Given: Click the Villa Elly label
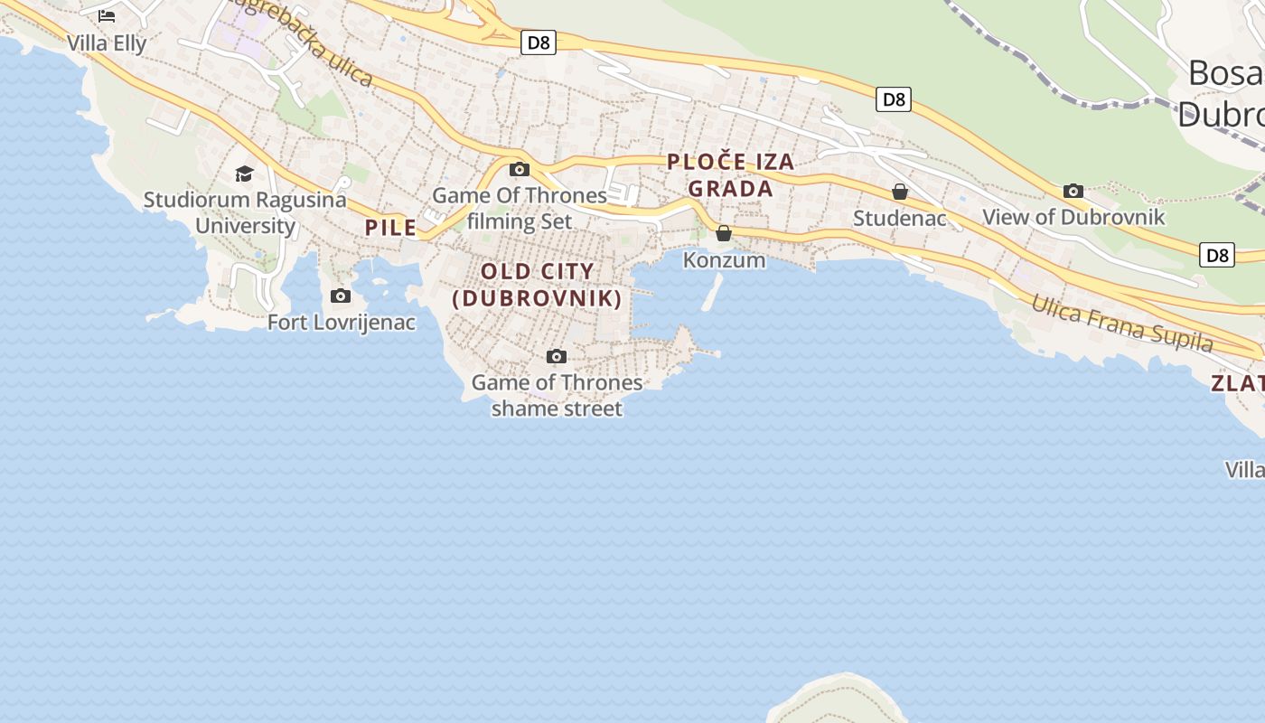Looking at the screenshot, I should [x=107, y=42].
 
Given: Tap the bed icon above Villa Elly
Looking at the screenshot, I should [x=107, y=15].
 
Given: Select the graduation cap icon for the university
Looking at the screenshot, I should [x=244, y=174].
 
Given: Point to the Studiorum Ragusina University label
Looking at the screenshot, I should [x=245, y=212].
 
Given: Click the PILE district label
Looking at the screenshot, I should [x=391, y=228].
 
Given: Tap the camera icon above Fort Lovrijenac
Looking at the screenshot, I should [x=341, y=296].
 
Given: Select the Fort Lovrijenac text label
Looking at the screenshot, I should [x=342, y=322].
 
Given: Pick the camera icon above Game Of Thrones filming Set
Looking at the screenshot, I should [x=519, y=169].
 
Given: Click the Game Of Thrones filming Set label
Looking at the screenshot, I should [x=520, y=208].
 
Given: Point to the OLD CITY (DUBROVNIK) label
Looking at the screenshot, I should [x=538, y=285].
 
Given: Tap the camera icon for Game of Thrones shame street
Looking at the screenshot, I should [x=557, y=357].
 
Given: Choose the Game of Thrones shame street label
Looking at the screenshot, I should [x=557, y=396].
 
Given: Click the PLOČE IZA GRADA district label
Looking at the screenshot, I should [x=731, y=175].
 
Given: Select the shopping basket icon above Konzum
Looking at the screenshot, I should [x=724, y=234].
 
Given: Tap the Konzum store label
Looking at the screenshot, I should [x=724, y=260].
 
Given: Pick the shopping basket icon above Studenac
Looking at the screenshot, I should [x=900, y=192].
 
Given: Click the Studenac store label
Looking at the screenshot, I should [x=900, y=218].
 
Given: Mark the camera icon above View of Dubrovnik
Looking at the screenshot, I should [x=1073, y=191].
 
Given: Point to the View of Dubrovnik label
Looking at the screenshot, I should [x=1073, y=217].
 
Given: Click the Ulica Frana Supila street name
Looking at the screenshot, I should [x=1122, y=324].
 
